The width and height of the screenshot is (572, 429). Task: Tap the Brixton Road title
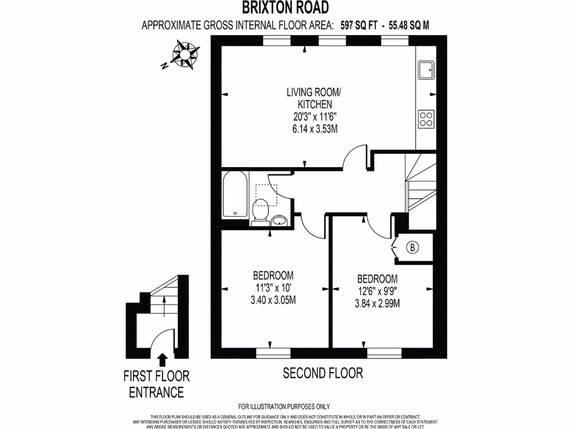[285, 7]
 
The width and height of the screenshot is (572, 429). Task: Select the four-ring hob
[426, 118]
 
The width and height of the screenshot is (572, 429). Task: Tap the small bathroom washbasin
[279, 221]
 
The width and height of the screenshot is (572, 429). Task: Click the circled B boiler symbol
[412, 246]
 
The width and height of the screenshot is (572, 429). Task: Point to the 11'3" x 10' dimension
[273, 288]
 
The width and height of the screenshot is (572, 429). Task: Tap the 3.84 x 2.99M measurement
[378, 304]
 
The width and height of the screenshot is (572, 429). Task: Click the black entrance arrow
[163, 359]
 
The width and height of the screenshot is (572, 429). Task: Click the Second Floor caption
[323, 373]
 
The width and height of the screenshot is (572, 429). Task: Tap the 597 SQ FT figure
[360, 25]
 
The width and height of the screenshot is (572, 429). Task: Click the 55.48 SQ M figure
[411, 25]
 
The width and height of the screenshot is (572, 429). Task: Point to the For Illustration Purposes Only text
[284, 406]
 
